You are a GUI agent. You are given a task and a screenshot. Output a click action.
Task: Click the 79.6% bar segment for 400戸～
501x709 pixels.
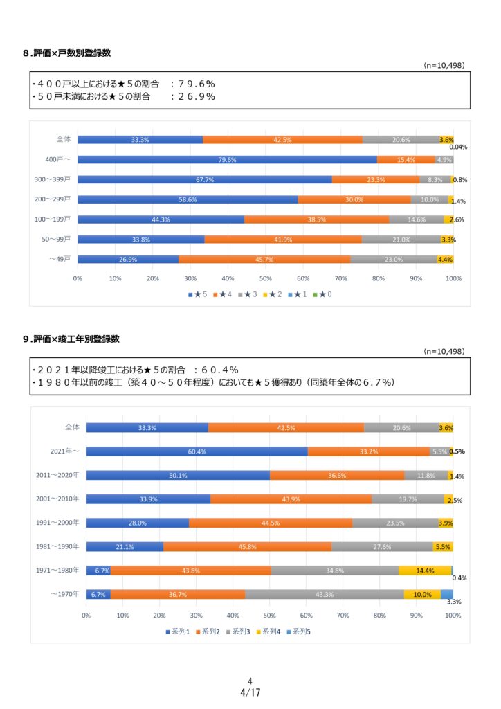(227, 160)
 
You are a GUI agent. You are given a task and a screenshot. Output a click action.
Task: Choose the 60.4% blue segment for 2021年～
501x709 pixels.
(197, 451)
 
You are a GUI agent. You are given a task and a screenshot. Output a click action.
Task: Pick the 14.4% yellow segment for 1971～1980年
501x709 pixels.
(425, 571)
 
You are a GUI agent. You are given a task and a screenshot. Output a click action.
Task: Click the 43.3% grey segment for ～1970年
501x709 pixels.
(324, 594)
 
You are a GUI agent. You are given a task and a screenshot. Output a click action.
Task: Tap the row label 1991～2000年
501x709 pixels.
(57, 523)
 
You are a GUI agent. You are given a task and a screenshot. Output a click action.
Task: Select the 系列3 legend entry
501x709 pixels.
(239, 631)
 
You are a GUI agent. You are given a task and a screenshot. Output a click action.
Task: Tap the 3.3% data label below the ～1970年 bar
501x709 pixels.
(453, 602)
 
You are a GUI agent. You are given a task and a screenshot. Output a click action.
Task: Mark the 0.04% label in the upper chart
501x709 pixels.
(458, 147)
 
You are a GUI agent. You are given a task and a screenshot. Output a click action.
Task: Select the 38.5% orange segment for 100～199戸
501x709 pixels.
(316, 219)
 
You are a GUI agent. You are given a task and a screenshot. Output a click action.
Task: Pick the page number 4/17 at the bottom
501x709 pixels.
(250, 692)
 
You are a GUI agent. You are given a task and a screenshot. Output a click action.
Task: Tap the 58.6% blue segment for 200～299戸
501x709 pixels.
(188, 199)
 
